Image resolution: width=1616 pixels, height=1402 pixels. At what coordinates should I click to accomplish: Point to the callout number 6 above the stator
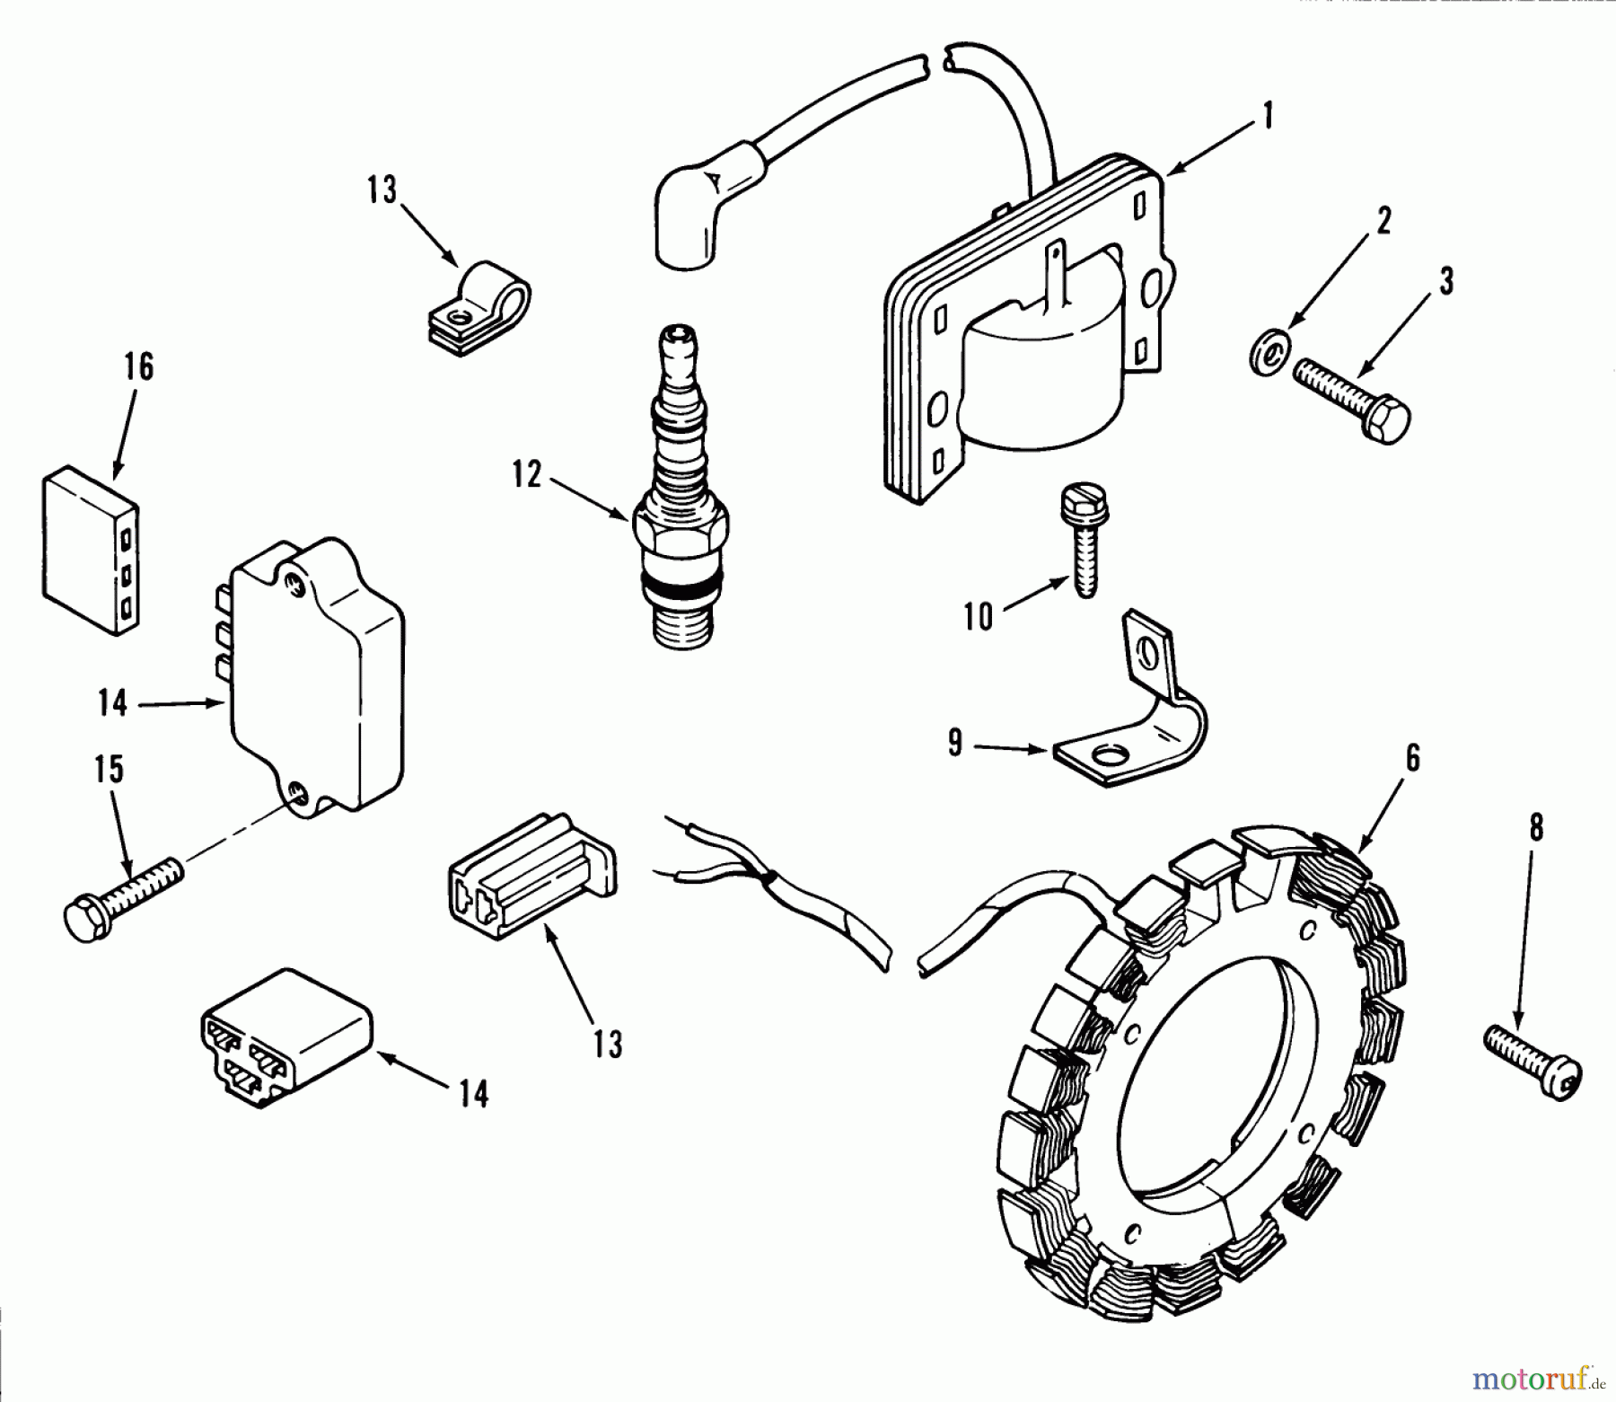coord(1412,759)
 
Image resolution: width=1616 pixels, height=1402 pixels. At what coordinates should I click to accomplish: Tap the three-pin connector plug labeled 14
coord(283,1037)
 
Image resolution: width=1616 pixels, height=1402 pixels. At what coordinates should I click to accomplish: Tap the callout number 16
coord(139,367)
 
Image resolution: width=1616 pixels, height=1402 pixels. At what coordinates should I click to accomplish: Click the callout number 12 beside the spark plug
coord(527,475)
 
